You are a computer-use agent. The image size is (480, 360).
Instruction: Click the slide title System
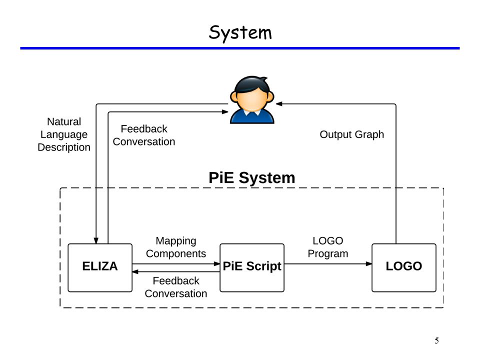(x=240, y=33)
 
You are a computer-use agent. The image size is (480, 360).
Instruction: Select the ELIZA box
(x=100, y=267)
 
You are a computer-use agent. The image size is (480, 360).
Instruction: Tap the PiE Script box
(x=252, y=267)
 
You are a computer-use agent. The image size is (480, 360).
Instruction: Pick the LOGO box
(x=404, y=267)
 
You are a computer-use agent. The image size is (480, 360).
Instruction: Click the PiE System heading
(x=251, y=177)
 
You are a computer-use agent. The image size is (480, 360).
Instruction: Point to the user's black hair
(x=252, y=84)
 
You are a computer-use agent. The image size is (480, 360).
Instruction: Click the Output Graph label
(x=351, y=134)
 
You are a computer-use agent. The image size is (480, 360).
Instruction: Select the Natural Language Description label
(x=64, y=134)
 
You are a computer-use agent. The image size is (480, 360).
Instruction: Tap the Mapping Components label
(x=175, y=247)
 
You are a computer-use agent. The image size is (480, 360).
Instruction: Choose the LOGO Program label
(x=328, y=247)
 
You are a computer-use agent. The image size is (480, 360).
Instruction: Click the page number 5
(x=436, y=340)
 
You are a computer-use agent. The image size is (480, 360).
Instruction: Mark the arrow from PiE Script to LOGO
(x=328, y=264)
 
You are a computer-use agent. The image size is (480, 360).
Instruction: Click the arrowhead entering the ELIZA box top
(x=96, y=240)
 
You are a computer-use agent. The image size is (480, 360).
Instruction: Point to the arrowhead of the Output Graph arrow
(x=279, y=104)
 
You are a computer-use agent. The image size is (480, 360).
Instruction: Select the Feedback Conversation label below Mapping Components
(x=175, y=287)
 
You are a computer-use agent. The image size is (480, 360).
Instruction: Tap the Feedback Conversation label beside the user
(x=144, y=135)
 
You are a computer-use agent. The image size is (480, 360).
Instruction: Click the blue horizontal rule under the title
(x=240, y=48)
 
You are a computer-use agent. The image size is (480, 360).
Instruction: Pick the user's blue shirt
(x=252, y=116)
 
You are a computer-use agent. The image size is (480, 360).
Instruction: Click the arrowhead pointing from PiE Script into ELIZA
(x=135, y=272)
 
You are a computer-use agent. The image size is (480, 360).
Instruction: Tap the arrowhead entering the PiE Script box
(x=216, y=264)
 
